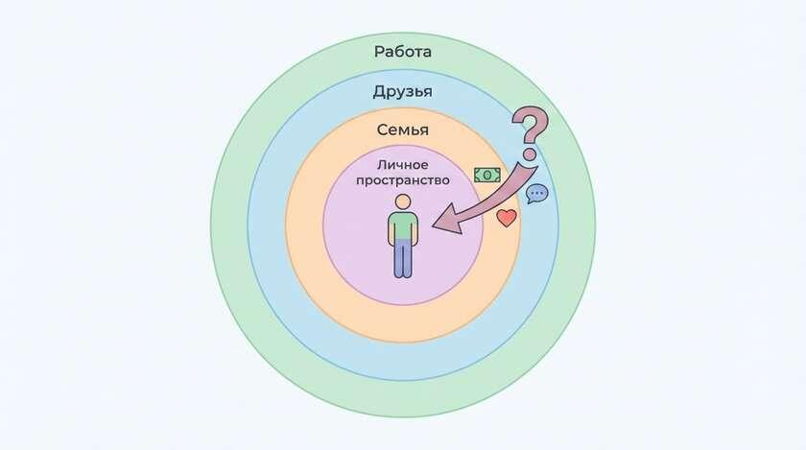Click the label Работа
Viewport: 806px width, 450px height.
pos(402,52)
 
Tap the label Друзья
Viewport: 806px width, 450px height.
pos(402,91)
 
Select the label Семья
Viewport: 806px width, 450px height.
pos(402,130)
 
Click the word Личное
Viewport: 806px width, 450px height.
pos(402,165)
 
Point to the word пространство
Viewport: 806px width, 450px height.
pos(402,180)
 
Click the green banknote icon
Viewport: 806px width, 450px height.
pos(487,175)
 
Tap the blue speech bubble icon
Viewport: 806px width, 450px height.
pos(537,194)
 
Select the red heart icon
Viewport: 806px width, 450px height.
pos(507,218)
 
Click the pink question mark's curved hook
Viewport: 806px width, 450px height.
pos(531,124)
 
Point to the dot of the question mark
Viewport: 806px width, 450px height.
pos(530,154)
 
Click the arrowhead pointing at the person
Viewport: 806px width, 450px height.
pos(446,219)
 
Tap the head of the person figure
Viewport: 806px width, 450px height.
pos(403,201)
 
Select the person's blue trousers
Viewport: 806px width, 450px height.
pos(403,258)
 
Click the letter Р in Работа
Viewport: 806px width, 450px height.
pos(379,52)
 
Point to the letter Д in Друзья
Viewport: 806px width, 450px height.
pos(380,92)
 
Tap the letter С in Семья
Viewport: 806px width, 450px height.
pos(383,130)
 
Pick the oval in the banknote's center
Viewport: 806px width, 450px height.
pos(487,175)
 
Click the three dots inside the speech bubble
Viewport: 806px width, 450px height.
pos(537,193)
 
